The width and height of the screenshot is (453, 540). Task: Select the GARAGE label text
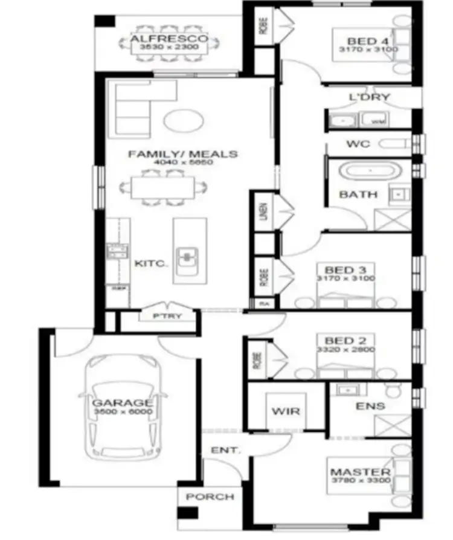click(122, 403)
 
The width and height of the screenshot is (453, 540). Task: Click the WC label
click(358, 144)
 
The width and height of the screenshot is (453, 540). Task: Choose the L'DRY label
click(370, 97)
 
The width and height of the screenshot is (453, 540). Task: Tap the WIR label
click(286, 411)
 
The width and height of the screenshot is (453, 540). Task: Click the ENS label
click(370, 406)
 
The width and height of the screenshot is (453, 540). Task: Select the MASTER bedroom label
click(360, 472)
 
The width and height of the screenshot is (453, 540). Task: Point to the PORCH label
click(210, 497)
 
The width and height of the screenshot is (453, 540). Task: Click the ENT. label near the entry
click(225, 450)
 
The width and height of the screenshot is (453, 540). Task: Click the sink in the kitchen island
click(188, 256)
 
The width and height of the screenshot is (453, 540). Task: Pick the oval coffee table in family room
click(183, 119)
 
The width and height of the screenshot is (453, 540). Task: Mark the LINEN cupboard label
click(264, 211)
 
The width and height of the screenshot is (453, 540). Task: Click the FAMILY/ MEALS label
click(182, 154)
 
